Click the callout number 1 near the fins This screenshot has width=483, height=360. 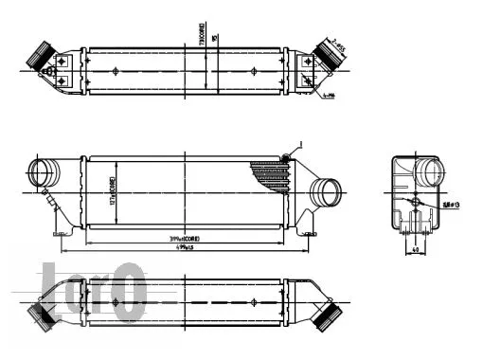(301, 143)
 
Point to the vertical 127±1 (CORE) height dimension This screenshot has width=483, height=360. (113, 193)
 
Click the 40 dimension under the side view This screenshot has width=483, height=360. (418, 251)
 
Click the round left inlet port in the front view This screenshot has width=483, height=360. (44, 173)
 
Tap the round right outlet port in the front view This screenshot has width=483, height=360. (328, 192)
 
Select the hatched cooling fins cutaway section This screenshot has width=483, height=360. (269, 176)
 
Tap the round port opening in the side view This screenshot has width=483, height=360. (432, 174)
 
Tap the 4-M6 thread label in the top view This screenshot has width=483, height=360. (330, 96)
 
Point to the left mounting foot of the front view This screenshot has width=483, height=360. (63, 228)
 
